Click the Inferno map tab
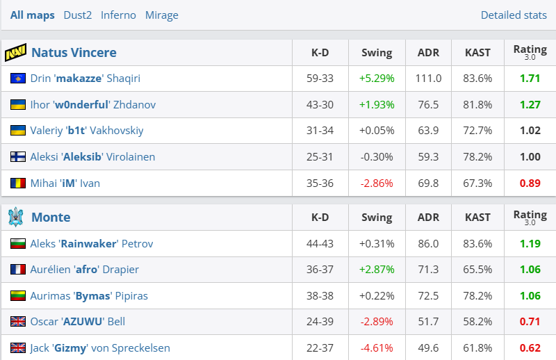click(x=118, y=15)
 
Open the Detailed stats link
click(x=514, y=15)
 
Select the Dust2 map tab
click(x=77, y=15)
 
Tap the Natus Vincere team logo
click(x=15, y=53)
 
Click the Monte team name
click(x=51, y=218)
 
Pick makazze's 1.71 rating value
click(x=530, y=79)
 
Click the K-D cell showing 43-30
click(x=320, y=105)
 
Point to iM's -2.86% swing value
click(x=377, y=183)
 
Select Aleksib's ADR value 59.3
click(x=428, y=157)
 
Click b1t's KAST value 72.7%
click(x=477, y=131)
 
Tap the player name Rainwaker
click(x=88, y=244)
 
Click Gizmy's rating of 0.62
click(x=530, y=348)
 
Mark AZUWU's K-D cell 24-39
click(x=320, y=322)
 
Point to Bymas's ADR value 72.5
click(x=428, y=296)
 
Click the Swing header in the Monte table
click(x=377, y=218)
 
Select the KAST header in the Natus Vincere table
click(x=477, y=53)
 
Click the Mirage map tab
click(x=162, y=15)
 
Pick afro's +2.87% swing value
click(x=377, y=270)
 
